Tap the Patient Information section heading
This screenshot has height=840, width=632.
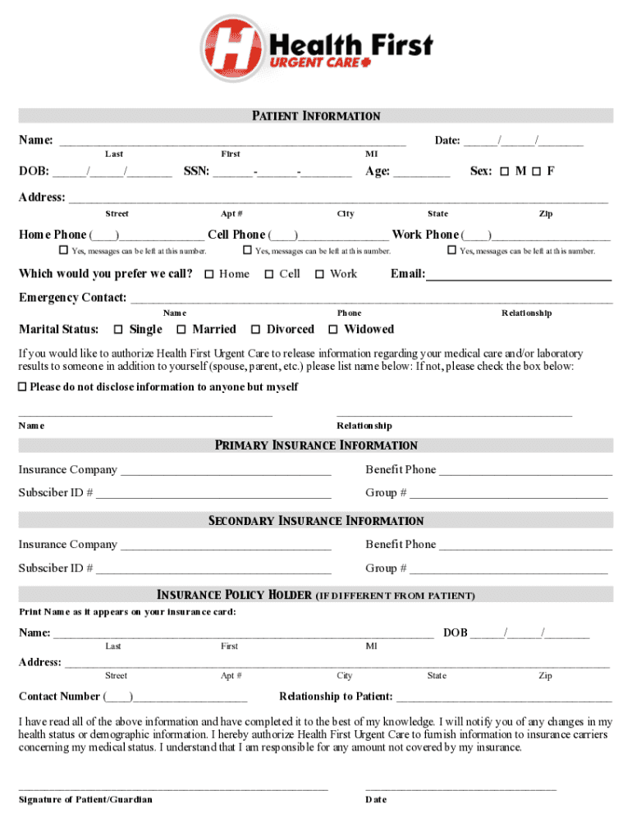316,116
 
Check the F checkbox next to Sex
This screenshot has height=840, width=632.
536,171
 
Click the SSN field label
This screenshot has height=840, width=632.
196,171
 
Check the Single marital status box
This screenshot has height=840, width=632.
118,330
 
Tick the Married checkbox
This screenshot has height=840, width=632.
181,330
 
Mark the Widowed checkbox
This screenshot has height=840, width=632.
333,330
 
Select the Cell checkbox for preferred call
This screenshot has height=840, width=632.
268,274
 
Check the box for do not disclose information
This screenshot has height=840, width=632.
23,386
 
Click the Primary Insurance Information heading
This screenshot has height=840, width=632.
316,445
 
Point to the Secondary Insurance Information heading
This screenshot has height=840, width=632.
316,521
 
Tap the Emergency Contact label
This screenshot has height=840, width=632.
72,297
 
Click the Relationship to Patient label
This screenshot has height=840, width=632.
336,696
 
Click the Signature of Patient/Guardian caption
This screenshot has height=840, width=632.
85,799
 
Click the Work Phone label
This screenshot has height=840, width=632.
425,235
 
